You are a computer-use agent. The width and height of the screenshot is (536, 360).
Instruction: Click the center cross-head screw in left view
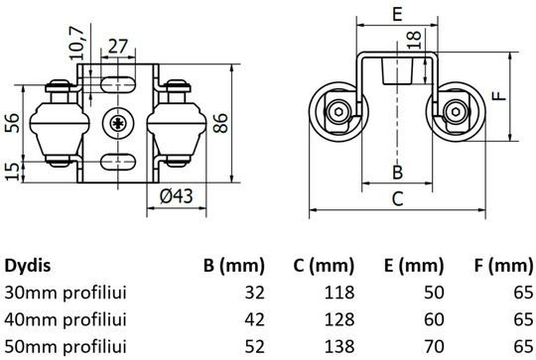[x=118, y=124]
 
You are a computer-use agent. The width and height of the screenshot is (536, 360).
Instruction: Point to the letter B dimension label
[x=396, y=171]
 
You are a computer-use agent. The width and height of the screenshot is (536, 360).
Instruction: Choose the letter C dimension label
[x=397, y=197]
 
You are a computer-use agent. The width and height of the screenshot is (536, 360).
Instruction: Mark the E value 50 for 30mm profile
[x=434, y=294]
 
